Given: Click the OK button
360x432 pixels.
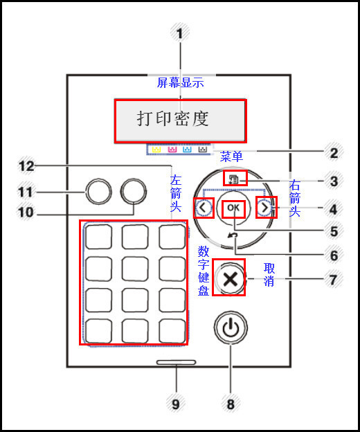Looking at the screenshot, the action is click(x=233, y=208).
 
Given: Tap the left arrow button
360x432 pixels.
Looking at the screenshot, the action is click(x=204, y=208).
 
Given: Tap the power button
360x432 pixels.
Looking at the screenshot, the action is click(x=231, y=327).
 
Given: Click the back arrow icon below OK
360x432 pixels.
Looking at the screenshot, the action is click(x=233, y=235).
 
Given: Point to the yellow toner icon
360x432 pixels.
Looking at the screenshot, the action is click(x=156, y=150).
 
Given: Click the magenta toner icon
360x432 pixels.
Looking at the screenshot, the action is click(x=172, y=150).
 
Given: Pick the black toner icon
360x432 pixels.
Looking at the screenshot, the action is click(x=203, y=150).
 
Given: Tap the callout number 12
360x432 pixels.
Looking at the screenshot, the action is click(x=26, y=166).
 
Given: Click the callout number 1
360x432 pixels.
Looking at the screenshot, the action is click(x=180, y=33).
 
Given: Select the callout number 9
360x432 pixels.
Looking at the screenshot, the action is click(x=176, y=404).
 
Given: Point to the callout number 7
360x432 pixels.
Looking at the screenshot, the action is click(x=334, y=280).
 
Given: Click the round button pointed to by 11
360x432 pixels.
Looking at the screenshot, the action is click(x=98, y=192).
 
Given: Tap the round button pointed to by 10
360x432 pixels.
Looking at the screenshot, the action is click(x=134, y=192).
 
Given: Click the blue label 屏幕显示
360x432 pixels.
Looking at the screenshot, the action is click(x=181, y=82).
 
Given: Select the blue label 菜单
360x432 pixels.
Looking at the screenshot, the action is click(x=231, y=156).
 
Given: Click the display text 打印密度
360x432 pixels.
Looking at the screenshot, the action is click(x=173, y=119).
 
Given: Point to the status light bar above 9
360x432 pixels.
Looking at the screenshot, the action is click(x=177, y=362).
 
